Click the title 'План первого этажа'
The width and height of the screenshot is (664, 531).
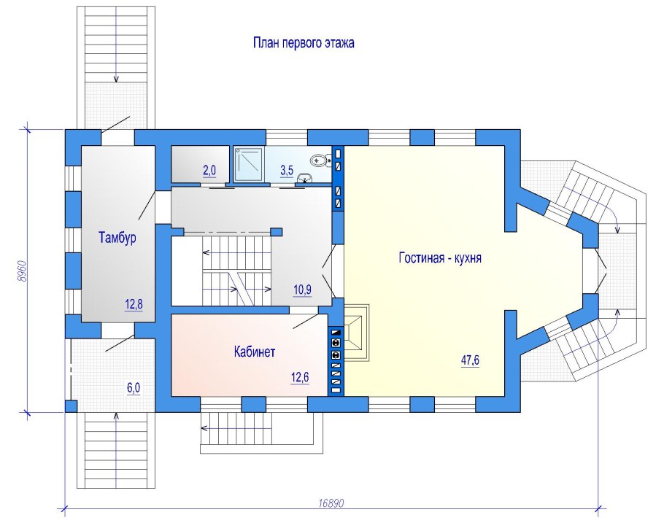[x=304, y=44]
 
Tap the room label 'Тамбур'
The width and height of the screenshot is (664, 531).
[x=117, y=237]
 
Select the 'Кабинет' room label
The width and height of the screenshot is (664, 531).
[x=255, y=352]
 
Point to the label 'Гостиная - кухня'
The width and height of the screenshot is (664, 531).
[x=439, y=258]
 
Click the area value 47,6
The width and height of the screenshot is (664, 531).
[x=470, y=360]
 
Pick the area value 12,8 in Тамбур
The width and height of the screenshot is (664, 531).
[x=133, y=306]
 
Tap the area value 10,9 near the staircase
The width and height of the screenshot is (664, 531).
[x=302, y=290]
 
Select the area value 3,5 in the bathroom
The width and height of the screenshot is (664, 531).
[x=287, y=171]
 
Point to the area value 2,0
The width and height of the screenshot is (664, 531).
[x=209, y=171]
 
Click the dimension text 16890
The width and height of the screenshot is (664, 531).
[x=331, y=503]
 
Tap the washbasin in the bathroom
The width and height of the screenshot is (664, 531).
[x=319, y=161]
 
